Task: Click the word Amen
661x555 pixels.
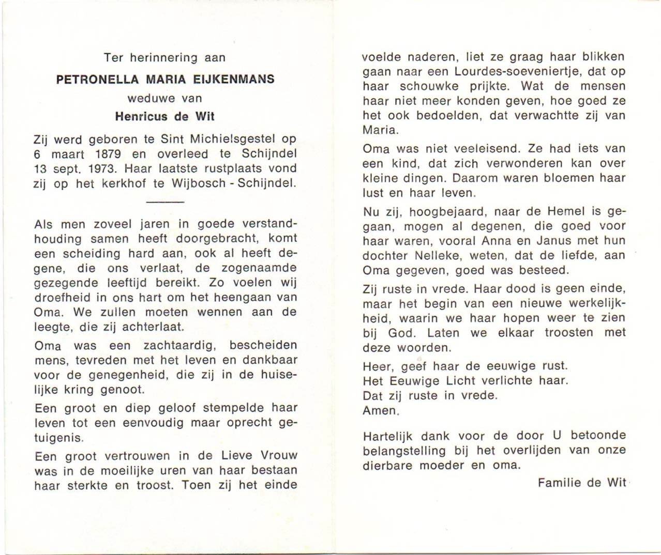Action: pyautogui.click(x=381, y=411)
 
